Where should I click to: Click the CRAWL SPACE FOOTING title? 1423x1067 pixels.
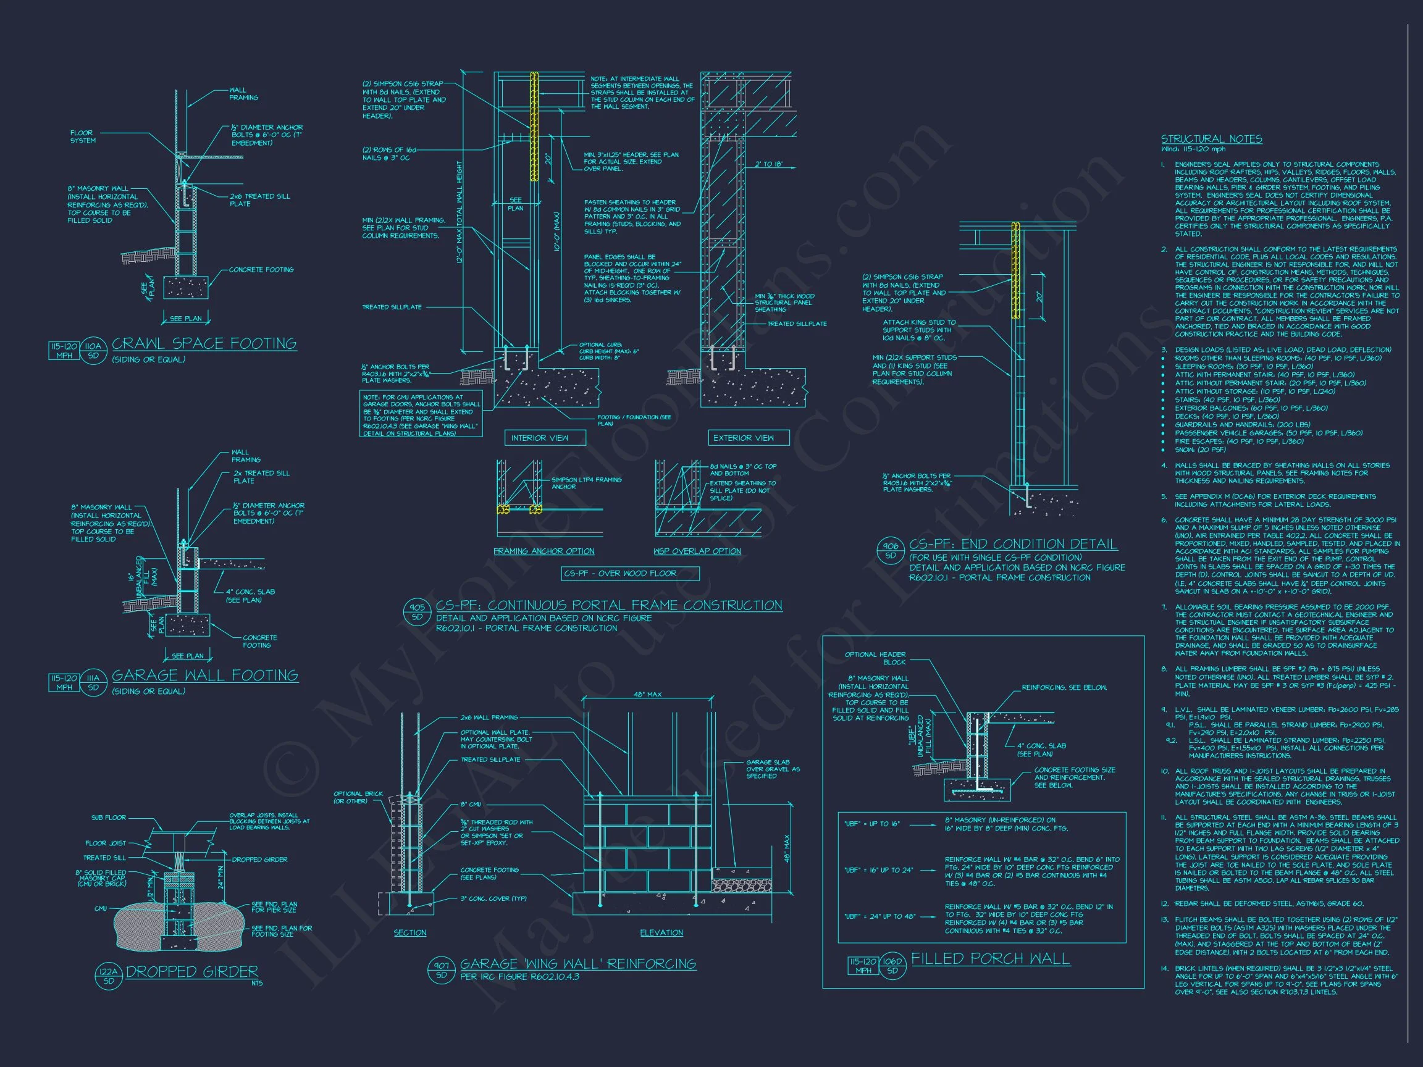point(204,343)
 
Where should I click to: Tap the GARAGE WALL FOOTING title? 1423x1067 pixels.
point(204,676)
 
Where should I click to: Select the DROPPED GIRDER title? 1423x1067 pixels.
point(191,972)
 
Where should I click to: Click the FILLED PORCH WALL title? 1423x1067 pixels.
point(990,959)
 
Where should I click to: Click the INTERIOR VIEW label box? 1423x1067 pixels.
point(539,438)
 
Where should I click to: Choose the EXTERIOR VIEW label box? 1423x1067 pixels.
point(743,438)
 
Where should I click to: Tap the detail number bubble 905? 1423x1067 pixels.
point(418,611)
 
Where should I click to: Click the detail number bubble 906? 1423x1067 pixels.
point(891,551)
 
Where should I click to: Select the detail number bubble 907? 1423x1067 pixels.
point(442,970)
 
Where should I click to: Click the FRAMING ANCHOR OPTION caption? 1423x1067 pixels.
point(544,551)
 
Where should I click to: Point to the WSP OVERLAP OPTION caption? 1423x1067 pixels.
point(697,551)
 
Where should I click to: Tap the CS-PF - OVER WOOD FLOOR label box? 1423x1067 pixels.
point(619,573)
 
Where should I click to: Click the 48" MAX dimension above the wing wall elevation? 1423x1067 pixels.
point(648,695)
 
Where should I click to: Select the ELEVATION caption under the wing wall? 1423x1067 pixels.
point(661,932)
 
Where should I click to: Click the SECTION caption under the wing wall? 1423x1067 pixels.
point(409,932)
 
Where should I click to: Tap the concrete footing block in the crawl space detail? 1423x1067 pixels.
point(186,288)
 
